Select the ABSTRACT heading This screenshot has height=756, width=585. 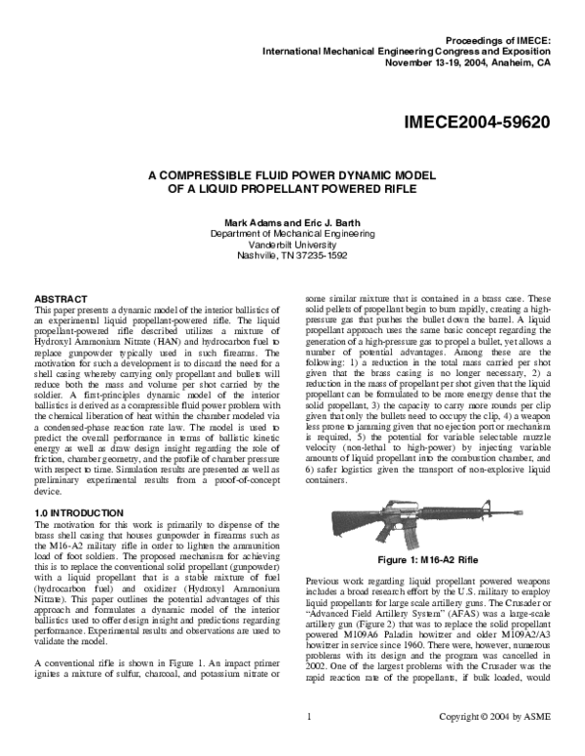(61, 296)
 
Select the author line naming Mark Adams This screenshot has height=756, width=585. (292, 222)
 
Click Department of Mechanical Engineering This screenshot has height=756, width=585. (292, 234)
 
